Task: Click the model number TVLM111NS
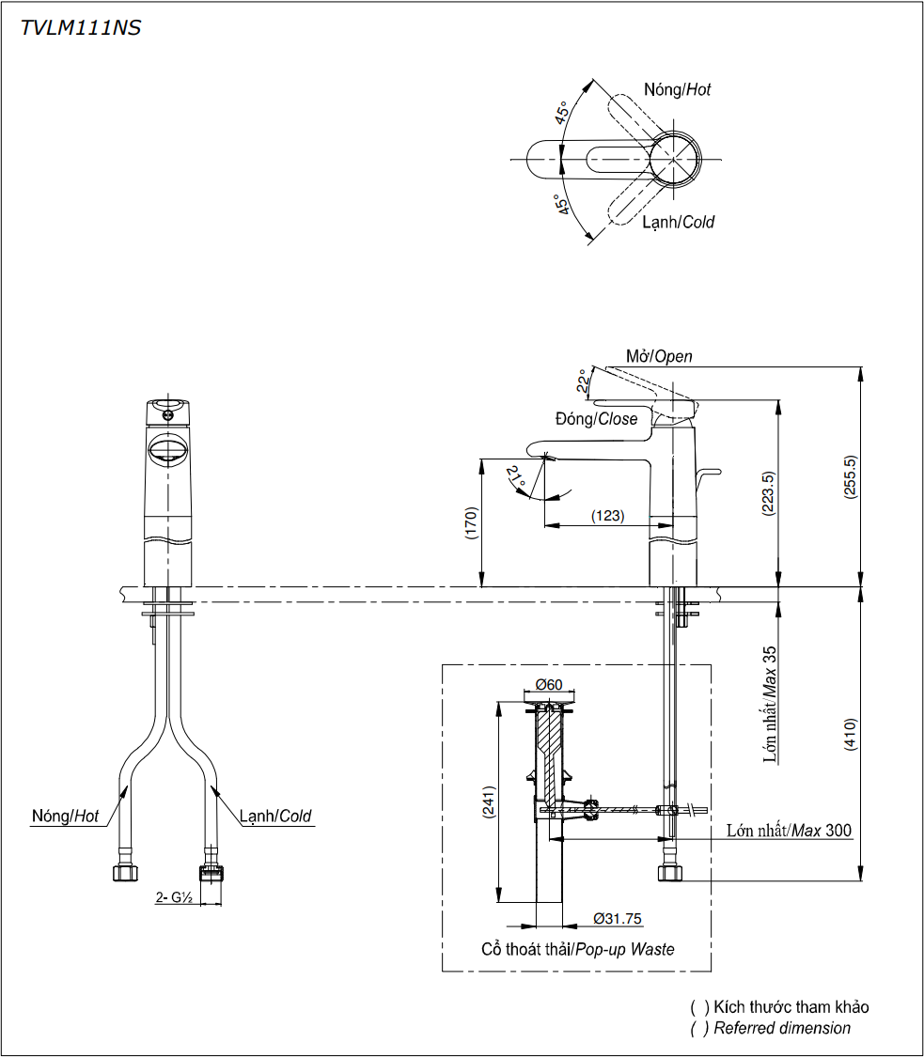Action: click(x=81, y=28)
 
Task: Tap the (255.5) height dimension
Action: click(x=851, y=477)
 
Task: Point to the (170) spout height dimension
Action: click(x=471, y=523)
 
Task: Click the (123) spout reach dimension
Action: click(x=607, y=516)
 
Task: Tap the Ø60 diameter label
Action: click(x=548, y=684)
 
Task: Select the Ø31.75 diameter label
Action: click(x=618, y=919)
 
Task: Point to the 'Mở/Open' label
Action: click(x=659, y=356)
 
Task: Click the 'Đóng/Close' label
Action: click(x=596, y=419)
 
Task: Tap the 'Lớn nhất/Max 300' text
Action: click(x=789, y=831)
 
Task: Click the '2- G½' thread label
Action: click(x=174, y=897)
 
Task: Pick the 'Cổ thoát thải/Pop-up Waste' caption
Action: click(x=577, y=949)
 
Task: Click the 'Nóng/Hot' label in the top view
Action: click(x=677, y=90)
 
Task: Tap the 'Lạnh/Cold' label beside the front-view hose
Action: click(x=274, y=817)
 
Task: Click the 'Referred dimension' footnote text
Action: click(x=782, y=1028)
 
